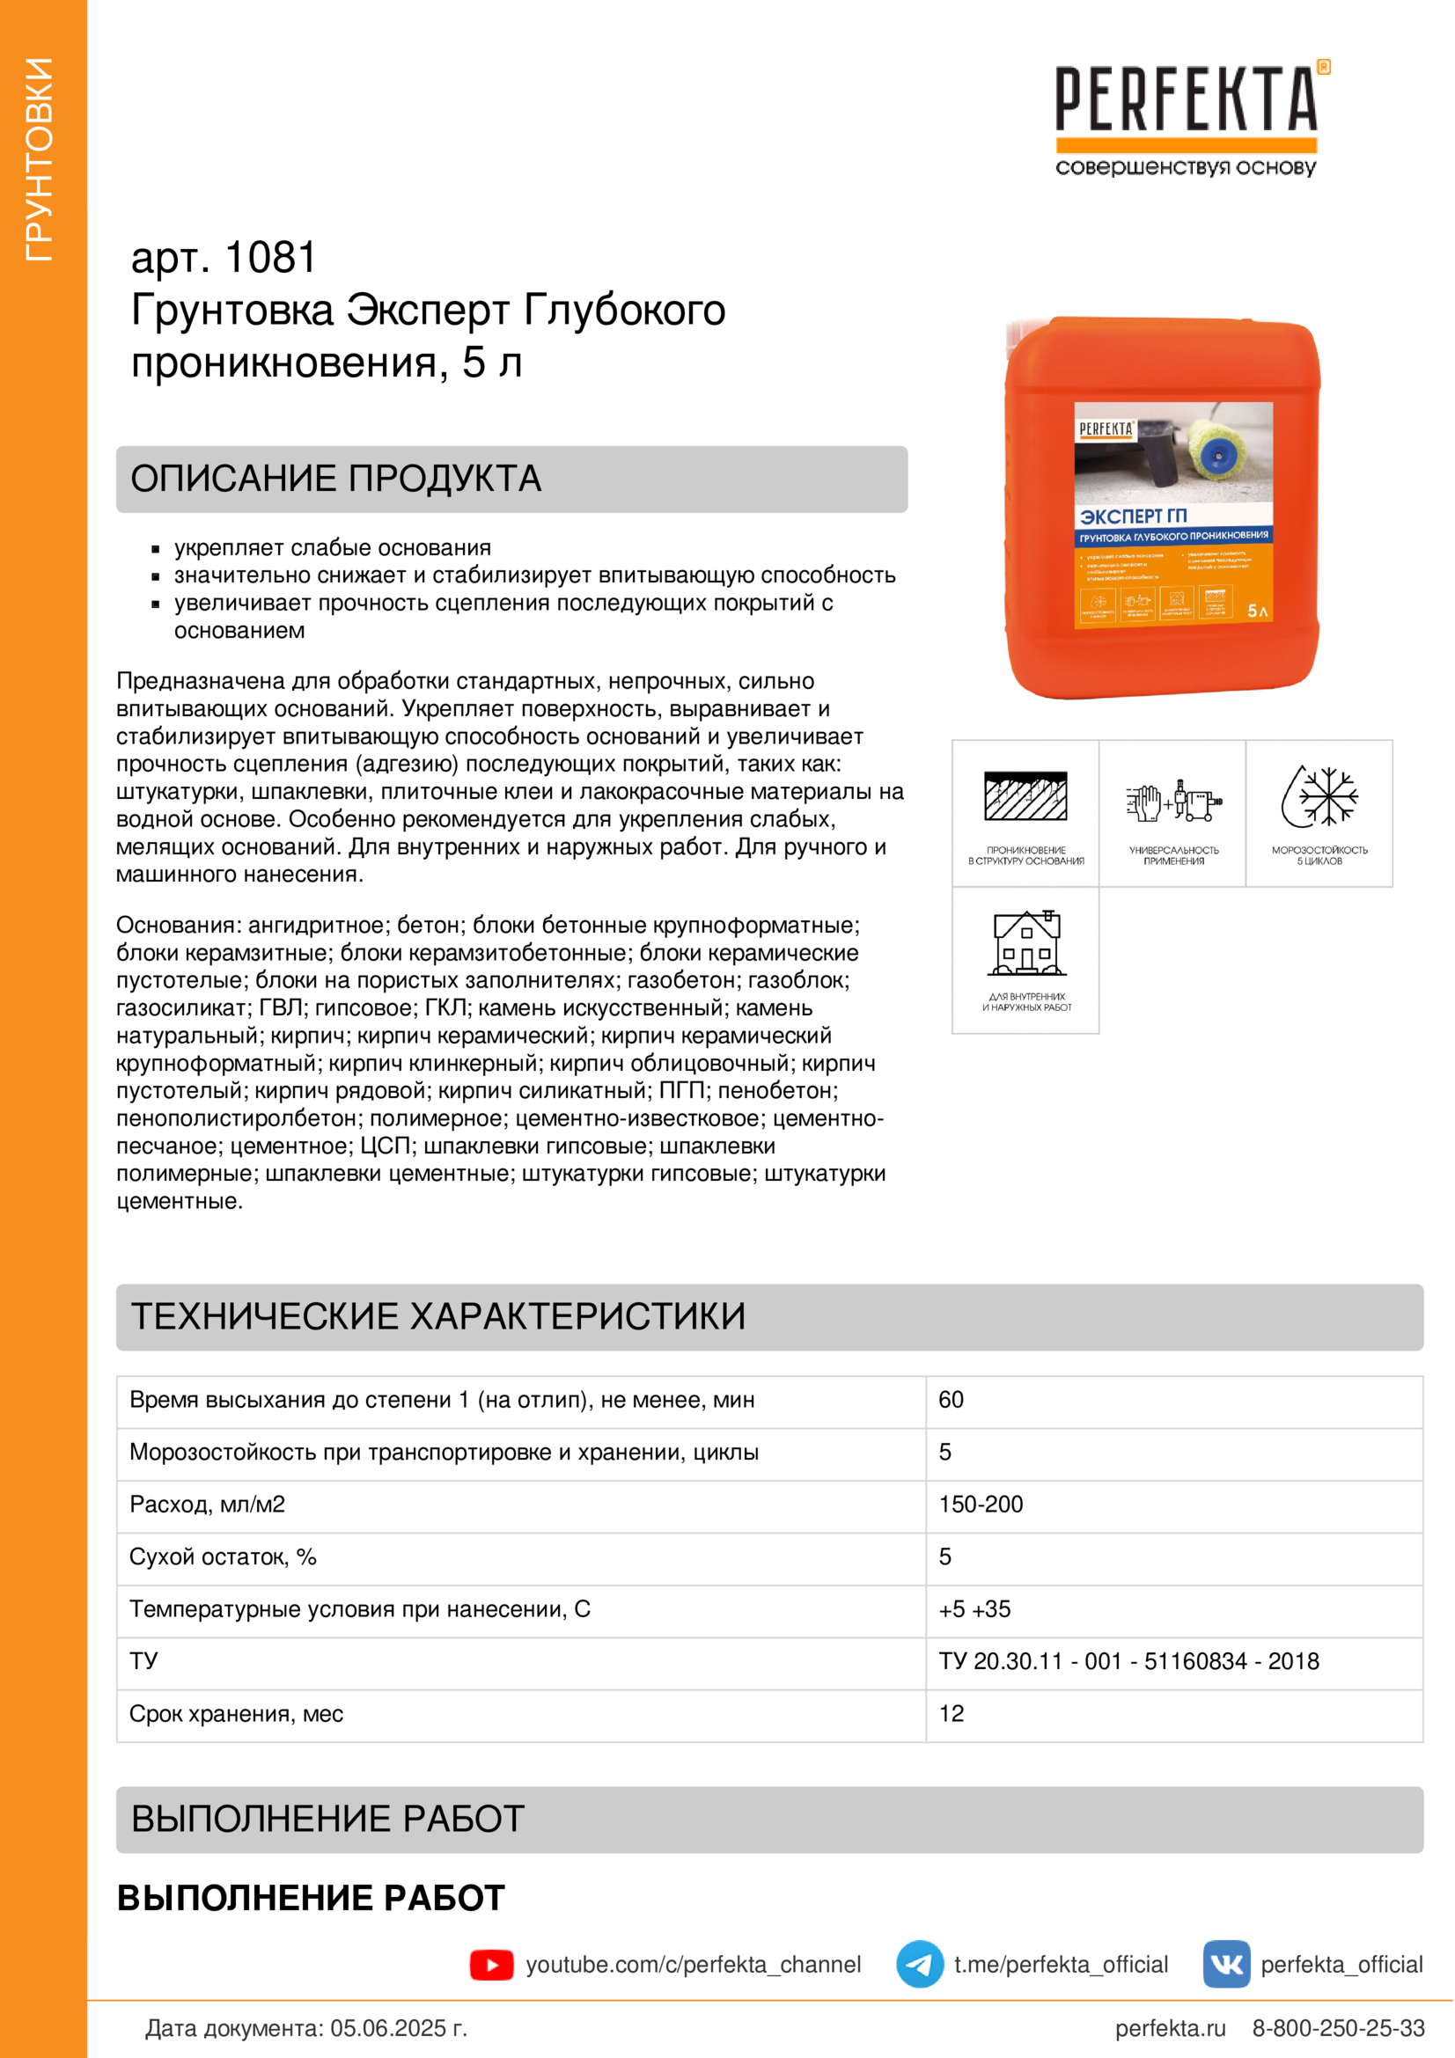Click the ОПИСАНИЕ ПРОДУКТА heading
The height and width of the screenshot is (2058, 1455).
click(x=335, y=479)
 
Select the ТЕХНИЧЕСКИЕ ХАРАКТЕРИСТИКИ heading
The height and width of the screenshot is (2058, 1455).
click(x=437, y=1315)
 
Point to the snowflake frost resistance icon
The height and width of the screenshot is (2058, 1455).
click(x=1319, y=796)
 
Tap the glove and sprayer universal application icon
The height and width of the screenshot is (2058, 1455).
click(x=1172, y=800)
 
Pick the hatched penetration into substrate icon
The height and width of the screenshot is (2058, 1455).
click(x=1025, y=796)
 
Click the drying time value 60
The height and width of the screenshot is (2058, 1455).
click(x=951, y=1400)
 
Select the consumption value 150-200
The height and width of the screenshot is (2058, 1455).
click(x=980, y=1504)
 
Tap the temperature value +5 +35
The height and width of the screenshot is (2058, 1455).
click(x=974, y=1609)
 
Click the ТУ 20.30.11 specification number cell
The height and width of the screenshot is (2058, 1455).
click(x=1128, y=1661)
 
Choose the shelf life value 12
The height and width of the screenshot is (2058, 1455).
click(x=952, y=1713)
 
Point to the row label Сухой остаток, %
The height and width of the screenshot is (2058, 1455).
click(x=223, y=1557)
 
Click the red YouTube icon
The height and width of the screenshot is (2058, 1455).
click(x=491, y=1964)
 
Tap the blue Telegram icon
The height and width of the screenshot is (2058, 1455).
click(x=919, y=1964)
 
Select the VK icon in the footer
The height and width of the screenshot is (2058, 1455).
click(x=1225, y=1964)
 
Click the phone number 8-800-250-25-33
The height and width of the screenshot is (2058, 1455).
click(x=1338, y=2027)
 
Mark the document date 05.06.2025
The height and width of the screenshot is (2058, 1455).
click(x=399, y=2027)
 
